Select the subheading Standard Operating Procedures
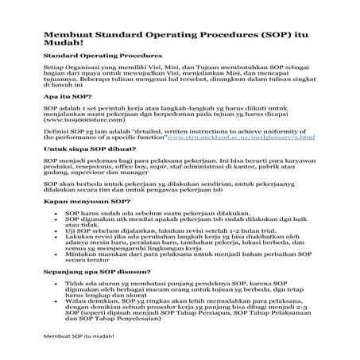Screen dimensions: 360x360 click(101, 58)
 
